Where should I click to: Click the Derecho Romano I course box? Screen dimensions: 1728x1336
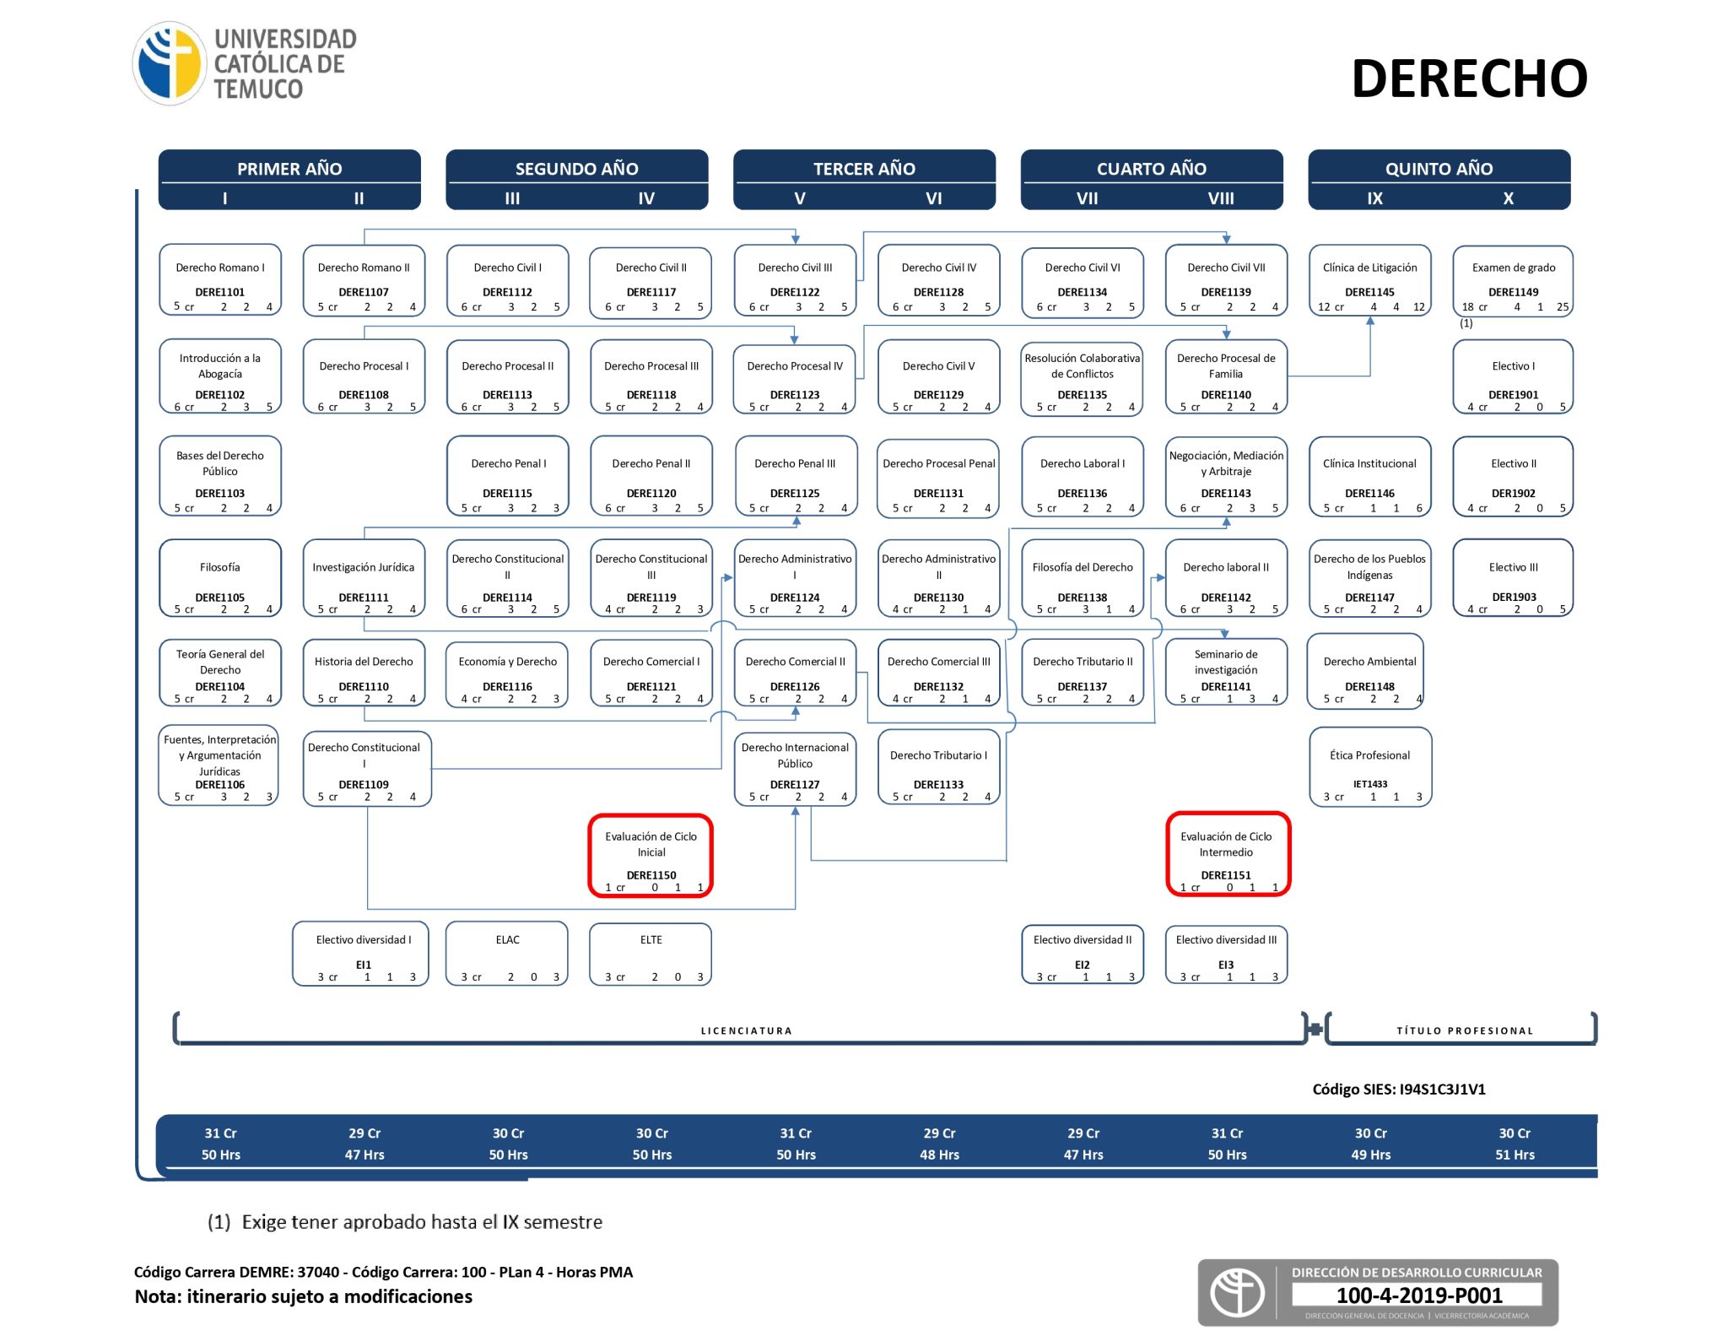(220, 281)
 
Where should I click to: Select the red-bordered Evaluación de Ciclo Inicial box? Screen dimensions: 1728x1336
(651, 855)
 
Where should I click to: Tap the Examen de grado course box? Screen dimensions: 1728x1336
(1513, 281)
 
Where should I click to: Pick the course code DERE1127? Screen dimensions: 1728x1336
(795, 784)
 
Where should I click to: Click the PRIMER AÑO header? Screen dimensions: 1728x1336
(289, 168)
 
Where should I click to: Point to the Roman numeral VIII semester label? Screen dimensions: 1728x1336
(1220, 198)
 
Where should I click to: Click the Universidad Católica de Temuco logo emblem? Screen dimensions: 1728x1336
(170, 63)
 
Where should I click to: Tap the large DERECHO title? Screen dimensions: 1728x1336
(1469, 78)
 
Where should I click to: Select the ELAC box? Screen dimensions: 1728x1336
(507, 954)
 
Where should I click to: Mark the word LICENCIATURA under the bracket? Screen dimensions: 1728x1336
(746, 1030)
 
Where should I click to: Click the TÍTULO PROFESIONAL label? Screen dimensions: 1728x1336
(1464, 1030)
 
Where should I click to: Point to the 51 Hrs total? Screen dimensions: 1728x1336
(1515, 1155)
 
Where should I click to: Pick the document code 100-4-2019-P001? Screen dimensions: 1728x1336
(1419, 1295)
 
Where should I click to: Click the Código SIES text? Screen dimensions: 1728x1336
(1399, 1090)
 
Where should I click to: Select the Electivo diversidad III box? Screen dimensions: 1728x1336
(1226, 954)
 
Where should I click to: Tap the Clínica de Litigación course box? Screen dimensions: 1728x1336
(1370, 281)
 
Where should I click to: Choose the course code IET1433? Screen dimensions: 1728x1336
(1370, 784)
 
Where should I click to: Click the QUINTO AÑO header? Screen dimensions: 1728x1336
(1439, 168)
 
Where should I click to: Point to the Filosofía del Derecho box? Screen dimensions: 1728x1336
(1083, 578)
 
